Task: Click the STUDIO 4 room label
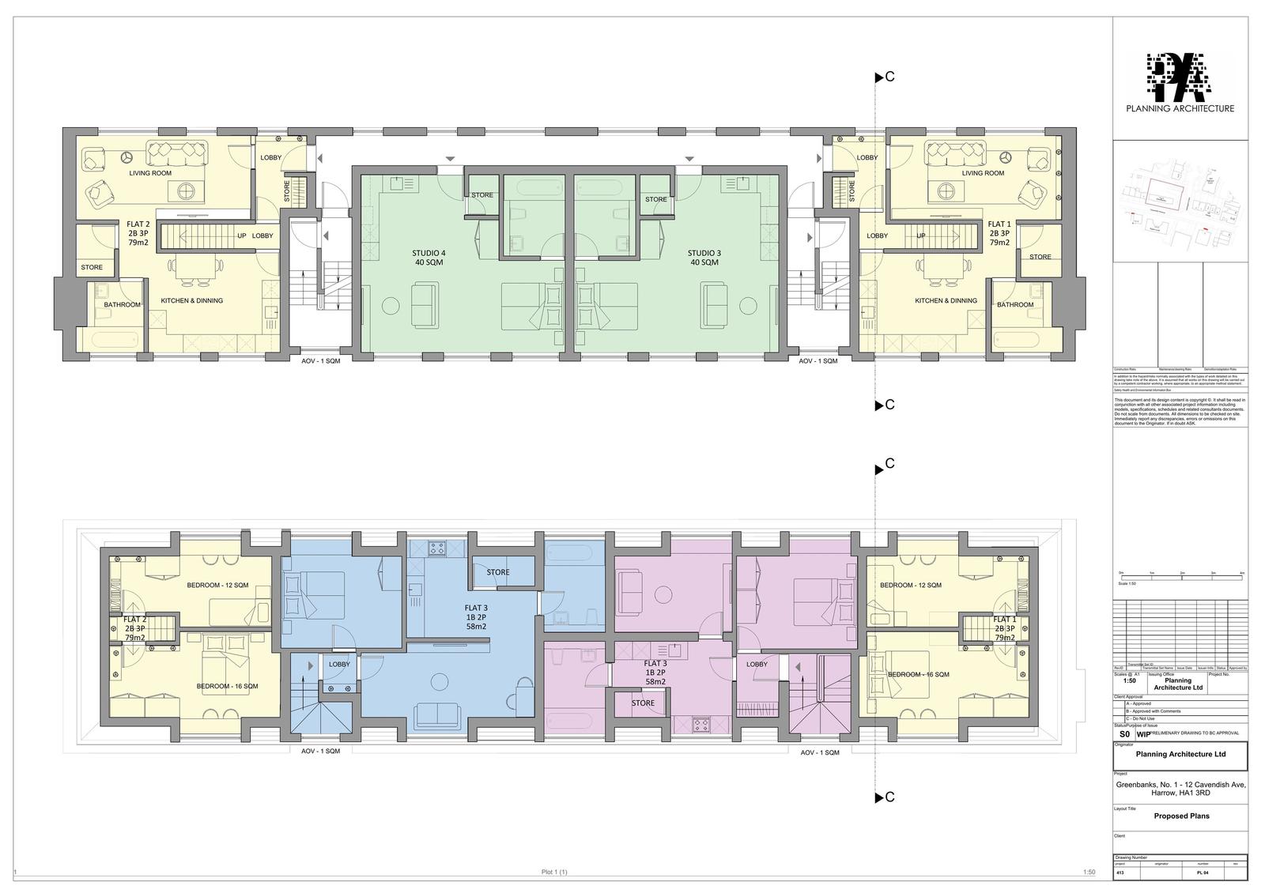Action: click(429, 253)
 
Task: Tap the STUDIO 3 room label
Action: click(704, 253)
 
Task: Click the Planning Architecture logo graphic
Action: click(1180, 77)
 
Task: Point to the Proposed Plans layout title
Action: click(1181, 816)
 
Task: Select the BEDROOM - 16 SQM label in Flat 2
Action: click(227, 686)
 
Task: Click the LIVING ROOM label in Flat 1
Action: click(983, 173)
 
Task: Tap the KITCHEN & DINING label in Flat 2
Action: click(192, 300)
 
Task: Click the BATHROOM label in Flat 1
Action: click(1014, 304)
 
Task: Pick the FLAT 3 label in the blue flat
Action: click(476, 608)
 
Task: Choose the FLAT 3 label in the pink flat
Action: click(655, 663)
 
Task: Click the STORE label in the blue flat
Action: click(498, 572)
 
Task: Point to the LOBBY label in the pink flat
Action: click(757, 664)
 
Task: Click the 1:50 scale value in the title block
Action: click(1130, 680)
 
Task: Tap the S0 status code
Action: click(1124, 734)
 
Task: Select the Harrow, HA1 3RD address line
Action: click(1180, 794)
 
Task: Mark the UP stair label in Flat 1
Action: click(920, 235)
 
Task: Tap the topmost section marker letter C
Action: click(889, 77)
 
